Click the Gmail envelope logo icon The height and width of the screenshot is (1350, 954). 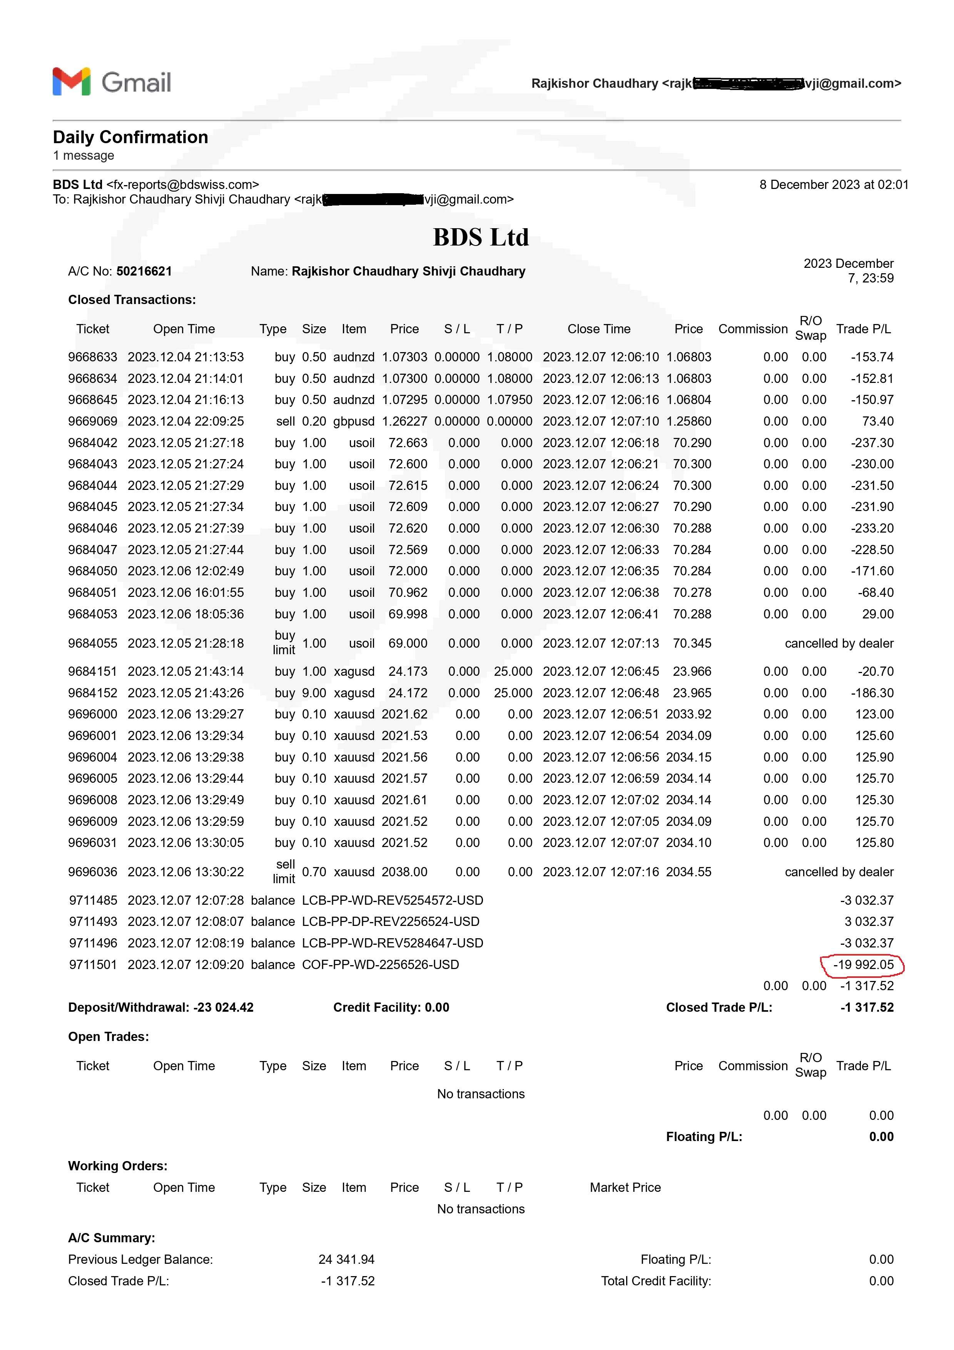click(71, 81)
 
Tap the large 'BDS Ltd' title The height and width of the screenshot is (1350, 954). click(481, 237)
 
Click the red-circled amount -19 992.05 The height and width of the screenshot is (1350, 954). click(863, 964)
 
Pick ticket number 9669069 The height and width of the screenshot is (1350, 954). click(92, 421)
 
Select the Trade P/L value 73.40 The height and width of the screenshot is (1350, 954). click(877, 421)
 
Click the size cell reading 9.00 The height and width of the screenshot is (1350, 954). click(314, 693)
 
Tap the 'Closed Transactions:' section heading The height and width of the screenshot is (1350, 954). click(132, 299)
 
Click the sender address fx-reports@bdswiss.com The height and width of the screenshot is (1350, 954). click(182, 185)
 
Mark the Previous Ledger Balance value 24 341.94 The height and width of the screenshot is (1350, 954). click(346, 1260)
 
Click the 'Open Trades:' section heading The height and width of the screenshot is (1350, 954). click(108, 1037)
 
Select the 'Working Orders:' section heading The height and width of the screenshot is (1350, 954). click(117, 1166)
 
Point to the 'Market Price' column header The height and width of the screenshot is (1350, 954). click(625, 1187)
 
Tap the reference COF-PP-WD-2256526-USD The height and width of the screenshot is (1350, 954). click(380, 964)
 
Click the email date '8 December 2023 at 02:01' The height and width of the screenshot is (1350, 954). click(834, 185)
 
